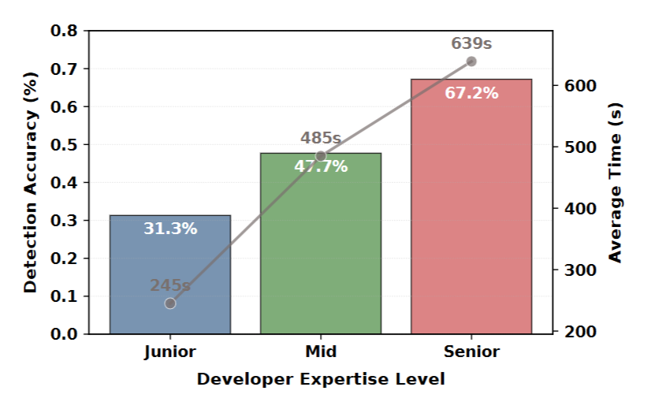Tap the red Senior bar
[471, 213]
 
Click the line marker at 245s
[170, 303]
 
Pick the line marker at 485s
[321, 156]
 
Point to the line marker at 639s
[471, 61]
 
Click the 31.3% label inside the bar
[170, 229]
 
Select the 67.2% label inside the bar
[471, 93]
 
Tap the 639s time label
[471, 43]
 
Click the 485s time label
[321, 139]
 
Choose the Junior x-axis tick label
[170, 352]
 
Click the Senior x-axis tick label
[471, 352]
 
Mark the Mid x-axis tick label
[321, 352]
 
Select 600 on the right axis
[581, 85]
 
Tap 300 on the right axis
[581, 270]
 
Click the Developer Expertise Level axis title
[321, 379]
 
